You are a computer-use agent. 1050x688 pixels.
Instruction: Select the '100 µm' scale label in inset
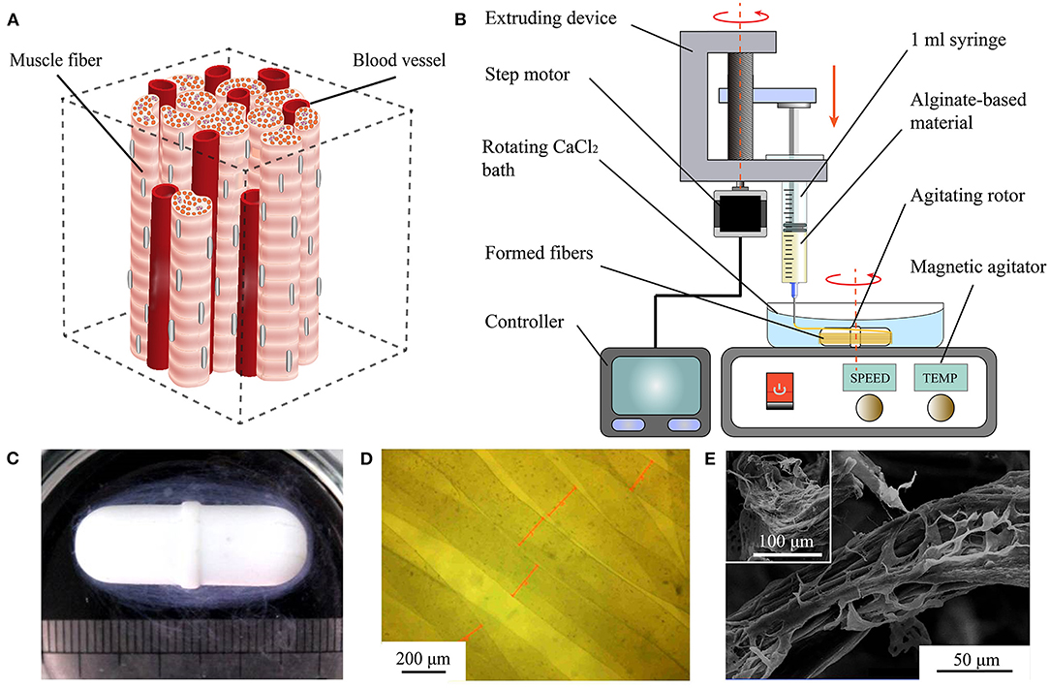pos(779,539)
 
